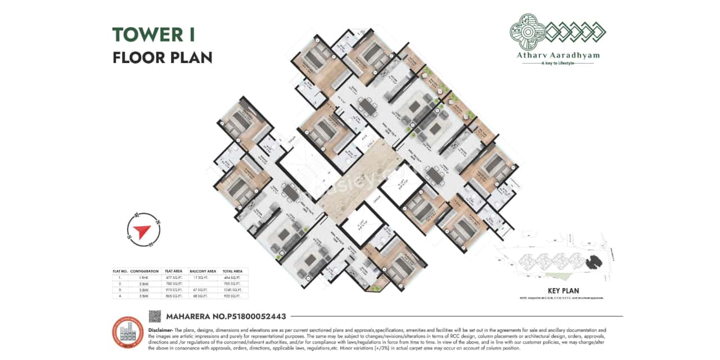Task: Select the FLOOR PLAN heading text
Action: coord(162,57)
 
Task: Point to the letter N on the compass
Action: coord(157,223)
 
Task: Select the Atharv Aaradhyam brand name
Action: coord(557,56)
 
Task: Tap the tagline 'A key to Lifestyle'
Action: coord(557,64)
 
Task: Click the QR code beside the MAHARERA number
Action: coord(155,316)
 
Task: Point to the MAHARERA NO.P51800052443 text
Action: coord(226,317)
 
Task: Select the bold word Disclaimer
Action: coord(161,330)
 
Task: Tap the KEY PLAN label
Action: coord(562,291)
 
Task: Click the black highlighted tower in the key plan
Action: coord(592,262)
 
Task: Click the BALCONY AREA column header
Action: coord(203,271)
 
